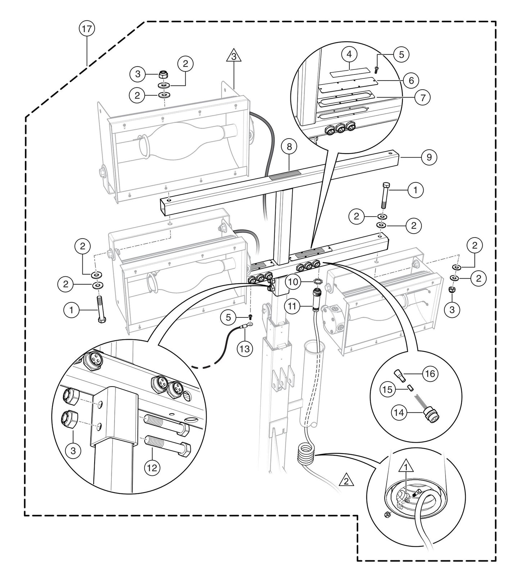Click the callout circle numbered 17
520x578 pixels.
point(87,29)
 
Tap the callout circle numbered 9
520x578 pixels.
point(429,157)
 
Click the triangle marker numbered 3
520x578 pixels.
point(234,57)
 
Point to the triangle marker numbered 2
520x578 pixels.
point(346,480)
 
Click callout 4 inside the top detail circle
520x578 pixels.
point(349,55)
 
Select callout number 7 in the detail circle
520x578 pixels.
point(422,97)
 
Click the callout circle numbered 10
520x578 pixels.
point(294,282)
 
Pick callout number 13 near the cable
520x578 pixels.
point(246,348)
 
